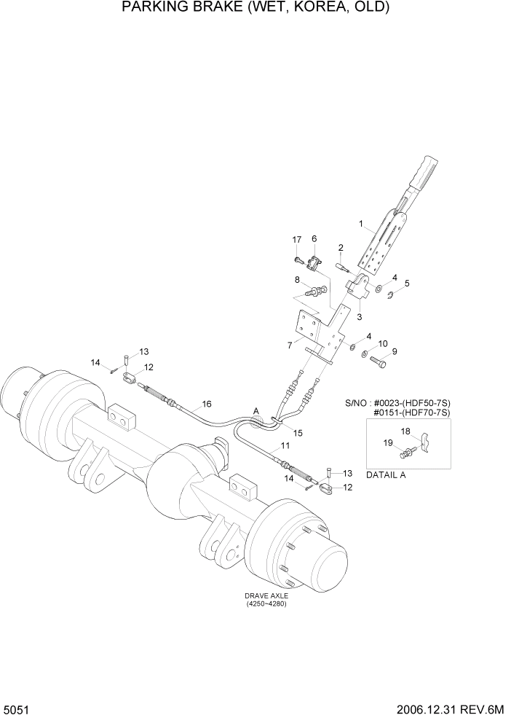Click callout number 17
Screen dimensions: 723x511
pyautogui.click(x=297, y=241)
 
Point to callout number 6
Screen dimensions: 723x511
pyautogui.click(x=314, y=238)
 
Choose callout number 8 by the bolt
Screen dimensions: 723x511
pyautogui.click(x=297, y=279)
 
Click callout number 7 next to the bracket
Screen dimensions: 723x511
pyautogui.click(x=289, y=344)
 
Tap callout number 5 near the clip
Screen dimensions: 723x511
pyautogui.click(x=407, y=284)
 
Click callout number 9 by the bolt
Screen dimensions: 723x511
pyautogui.click(x=395, y=351)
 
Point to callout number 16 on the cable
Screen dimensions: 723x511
pyautogui.click(x=207, y=403)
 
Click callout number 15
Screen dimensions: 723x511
pyautogui.click(x=298, y=433)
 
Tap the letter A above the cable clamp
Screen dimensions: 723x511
pyautogui.click(x=255, y=410)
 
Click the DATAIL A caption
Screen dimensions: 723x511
pyautogui.click(x=387, y=474)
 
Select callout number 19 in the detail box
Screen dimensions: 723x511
pyautogui.click(x=387, y=442)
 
